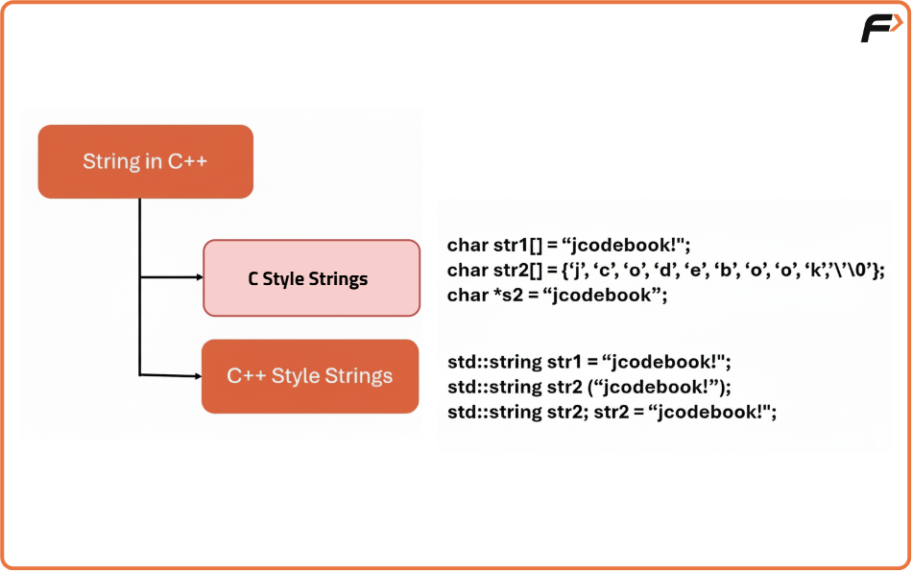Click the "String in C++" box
[145, 161]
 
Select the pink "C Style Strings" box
[312, 278]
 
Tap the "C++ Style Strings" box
[310, 376]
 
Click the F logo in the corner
[880, 28]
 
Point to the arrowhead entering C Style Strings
[200, 277]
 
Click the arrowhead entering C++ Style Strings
[198, 376]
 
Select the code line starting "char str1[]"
[568, 246]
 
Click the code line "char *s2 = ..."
[557, 296]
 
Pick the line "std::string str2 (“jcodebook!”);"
[589, 388]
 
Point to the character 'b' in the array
[725, 271]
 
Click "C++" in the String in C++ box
[187, 161]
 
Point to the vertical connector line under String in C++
[139, 287]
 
